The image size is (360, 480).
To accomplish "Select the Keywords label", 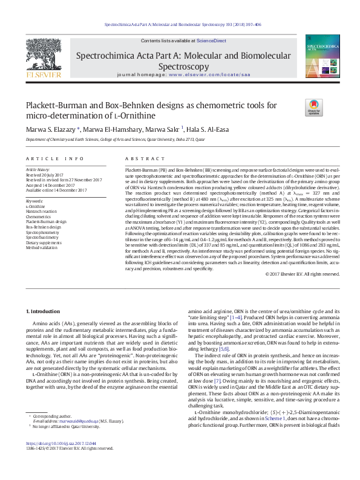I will click(x=34, y=200).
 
